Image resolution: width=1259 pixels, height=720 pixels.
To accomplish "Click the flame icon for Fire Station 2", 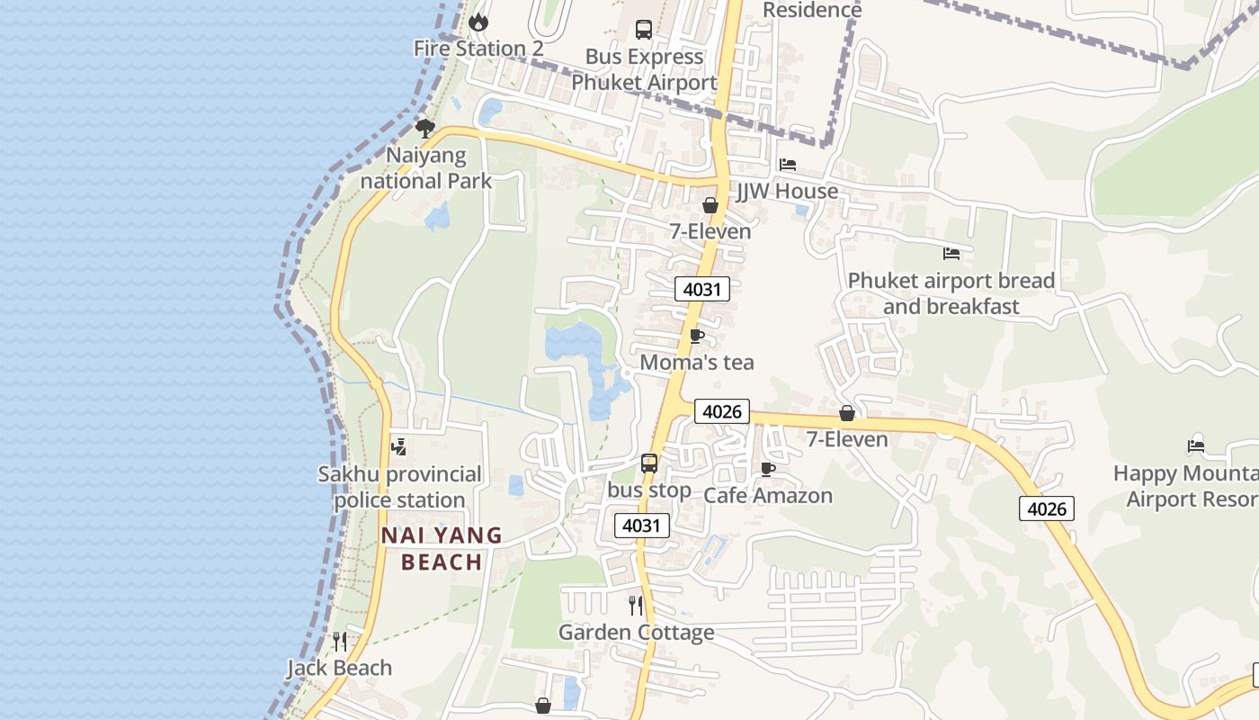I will click(x=478, y=21).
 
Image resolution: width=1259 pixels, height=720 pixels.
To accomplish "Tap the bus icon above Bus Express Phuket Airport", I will click(x=644, y=29).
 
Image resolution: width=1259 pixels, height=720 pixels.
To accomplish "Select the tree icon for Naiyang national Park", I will click(x=425, y=128).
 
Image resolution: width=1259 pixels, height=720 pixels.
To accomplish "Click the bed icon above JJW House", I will click(x=788, y=165).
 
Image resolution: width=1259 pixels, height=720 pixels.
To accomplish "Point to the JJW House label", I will click(x=787, y=191).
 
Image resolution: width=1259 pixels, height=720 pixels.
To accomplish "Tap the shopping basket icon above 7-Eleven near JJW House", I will click(x=710, y=205).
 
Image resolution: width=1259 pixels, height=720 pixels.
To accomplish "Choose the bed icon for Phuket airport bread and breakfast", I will click(x=951, y=254).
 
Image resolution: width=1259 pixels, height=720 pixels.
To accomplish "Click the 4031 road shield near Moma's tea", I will click(x=701, y=289).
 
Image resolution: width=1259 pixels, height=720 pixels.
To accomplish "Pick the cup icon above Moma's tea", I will click(x=696, y=336).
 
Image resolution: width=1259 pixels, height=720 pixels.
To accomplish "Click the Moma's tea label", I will click(x=697, y=362).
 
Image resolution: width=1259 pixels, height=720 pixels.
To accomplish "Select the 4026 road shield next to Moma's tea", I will click(x=721, y=411).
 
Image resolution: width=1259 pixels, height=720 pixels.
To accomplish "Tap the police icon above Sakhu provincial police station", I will click(x=398, y=445).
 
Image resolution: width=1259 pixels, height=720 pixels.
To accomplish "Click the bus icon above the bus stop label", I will click(x=649, y=463).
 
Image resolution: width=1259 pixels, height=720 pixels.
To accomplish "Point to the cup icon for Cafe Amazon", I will click(x=768, y=469).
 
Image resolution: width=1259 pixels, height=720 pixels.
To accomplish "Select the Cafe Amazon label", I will click(x=768, y=495).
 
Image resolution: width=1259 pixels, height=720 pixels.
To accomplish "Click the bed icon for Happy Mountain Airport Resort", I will click(x=1196, y=445).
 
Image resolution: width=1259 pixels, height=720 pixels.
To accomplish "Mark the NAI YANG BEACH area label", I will click(x=442, y=549).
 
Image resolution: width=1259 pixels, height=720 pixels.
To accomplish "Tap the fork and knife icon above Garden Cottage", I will click(x=636, y=605).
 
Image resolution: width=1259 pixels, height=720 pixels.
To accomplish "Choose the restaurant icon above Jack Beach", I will click(x=339, y=641).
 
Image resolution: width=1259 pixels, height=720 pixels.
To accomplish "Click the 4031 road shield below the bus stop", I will click(x=642, y=525).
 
